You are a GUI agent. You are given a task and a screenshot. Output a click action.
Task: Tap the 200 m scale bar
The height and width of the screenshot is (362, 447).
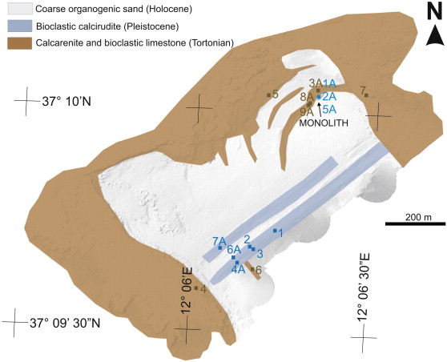415,223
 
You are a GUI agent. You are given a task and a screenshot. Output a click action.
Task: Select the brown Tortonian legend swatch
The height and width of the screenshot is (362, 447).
20,43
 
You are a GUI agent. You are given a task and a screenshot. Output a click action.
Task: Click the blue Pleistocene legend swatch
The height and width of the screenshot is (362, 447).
20,26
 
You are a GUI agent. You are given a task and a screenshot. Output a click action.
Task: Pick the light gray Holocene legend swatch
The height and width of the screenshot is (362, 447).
20,9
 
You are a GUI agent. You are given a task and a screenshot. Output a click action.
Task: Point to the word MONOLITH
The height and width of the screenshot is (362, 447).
324,123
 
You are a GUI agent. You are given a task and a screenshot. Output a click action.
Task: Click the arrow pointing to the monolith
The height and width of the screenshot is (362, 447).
320,110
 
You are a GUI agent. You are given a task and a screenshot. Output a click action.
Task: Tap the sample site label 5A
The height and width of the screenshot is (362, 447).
330,109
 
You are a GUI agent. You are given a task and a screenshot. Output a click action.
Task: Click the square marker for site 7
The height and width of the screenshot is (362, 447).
367,95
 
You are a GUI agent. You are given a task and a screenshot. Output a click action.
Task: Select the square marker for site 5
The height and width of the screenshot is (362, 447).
268,95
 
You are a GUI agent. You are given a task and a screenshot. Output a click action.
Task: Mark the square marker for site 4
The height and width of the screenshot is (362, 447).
196,288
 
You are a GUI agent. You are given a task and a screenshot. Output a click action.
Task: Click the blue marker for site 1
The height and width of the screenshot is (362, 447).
275,231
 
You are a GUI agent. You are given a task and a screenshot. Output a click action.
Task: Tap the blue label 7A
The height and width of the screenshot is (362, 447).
219,241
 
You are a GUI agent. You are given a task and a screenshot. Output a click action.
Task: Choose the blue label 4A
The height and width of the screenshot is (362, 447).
239,270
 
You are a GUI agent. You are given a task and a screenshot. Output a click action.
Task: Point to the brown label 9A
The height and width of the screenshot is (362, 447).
307,112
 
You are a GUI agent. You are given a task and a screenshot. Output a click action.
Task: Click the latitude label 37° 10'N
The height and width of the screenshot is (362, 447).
66,102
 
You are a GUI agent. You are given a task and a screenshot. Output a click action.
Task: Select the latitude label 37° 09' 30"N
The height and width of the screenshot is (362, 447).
65,324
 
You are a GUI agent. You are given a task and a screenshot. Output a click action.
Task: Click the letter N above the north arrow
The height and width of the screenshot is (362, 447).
435,13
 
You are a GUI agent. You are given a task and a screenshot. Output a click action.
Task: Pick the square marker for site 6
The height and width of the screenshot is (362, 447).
252,268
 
